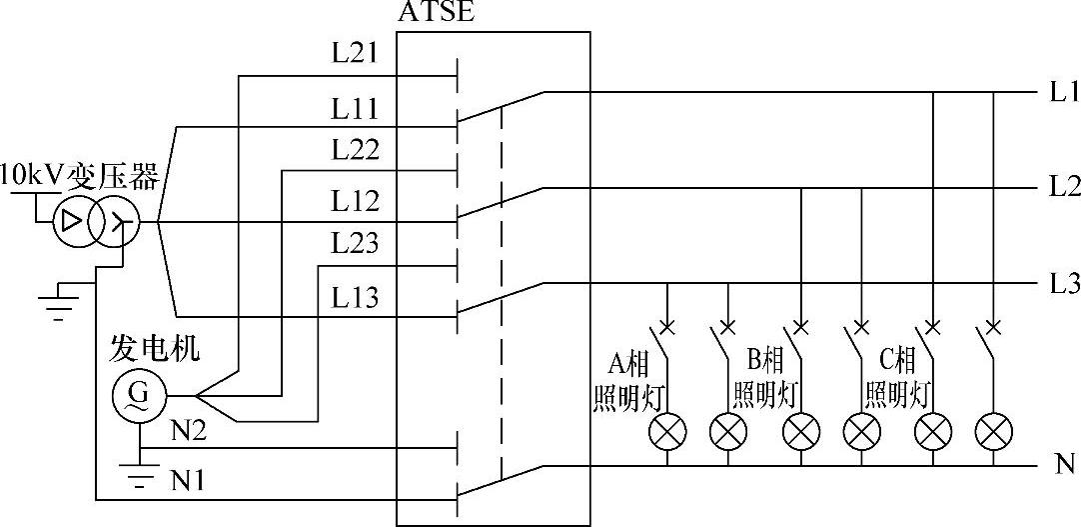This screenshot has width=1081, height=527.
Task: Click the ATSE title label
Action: pyautogui.click(x=436, y=13)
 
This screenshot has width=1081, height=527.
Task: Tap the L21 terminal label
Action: pyautogui.click(x=356, y=53)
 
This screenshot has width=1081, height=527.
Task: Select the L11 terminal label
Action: pyautogui.click(x=356, y=107)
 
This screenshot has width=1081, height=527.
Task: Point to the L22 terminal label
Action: pyautogui.click(x=356, y=151)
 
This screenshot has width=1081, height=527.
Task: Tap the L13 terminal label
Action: pyautogui.click(x=356, y=297)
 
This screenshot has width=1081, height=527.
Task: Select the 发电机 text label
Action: pyautogui.click(x=154, y=349)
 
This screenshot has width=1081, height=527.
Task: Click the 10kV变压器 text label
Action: pyautogui.click(x=80, y=177)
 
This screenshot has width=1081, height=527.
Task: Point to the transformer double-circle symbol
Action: pyautogui.click(x=96, y=222)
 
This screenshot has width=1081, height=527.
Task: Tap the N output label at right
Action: pyautogui.click(x=1063, y=464)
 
